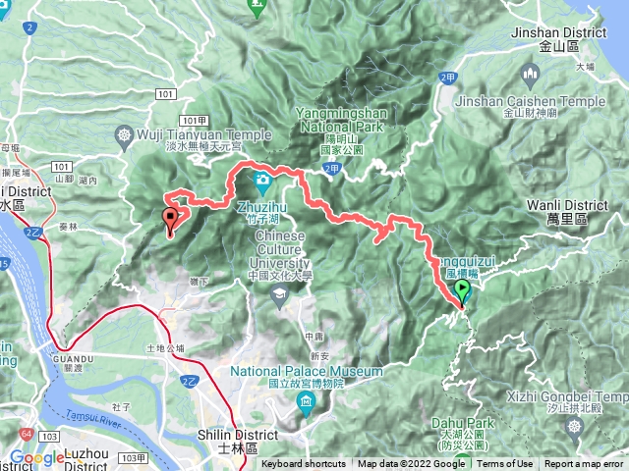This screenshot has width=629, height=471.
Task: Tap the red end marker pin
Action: tap(171, 221)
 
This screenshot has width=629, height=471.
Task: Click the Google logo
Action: tap(36, 458)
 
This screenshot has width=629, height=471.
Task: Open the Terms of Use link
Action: tap(504, 464)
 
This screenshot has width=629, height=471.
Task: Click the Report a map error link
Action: tap(584, 464)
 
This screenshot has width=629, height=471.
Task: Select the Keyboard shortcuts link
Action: tap(304, 464)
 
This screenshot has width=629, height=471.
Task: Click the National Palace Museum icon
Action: tap(307, 403)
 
